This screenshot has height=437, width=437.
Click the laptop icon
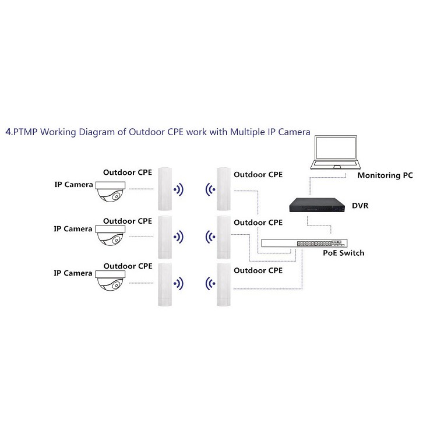(x=336, y=153)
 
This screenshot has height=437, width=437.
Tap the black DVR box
(x=317, y=205)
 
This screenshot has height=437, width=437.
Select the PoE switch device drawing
(x=304, y=243)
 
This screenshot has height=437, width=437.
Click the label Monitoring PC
(x=385, y=175)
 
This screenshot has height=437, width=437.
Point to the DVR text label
(x=360, y=206)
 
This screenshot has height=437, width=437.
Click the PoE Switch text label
(x=344, y=253)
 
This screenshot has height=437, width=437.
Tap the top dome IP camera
(x=110, y=191)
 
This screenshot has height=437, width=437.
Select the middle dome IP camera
(x=110, y=235)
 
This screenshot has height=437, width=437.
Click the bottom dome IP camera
(x=110, y=280)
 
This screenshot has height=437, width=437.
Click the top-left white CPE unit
(x=165, y=189)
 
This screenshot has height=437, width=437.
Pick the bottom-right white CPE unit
(x=224, y=284)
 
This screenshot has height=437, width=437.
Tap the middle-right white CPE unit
(x=224, y=237)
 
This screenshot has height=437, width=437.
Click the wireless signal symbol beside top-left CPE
(x=178, y=189)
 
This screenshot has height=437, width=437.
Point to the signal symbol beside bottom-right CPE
(x=210, y=284)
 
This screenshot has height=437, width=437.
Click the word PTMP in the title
(x=26, y=132)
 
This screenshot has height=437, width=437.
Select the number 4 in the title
(x=8, y=132)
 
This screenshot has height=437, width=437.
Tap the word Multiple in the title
(x=248, y=132)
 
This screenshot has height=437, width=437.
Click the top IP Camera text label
(x=73, y=185)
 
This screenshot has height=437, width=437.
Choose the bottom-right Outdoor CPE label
(x=258, y=270)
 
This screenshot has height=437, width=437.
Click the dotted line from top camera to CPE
(x=142, y=189)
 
